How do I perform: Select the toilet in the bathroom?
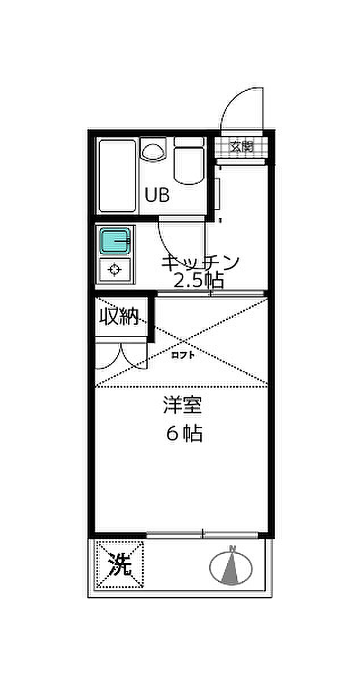click(189, 162)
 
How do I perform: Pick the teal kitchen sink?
click(115, 241)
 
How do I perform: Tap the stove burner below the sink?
click(115, 270)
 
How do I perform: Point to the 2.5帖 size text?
click(198, 280)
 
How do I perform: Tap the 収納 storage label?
click(120, 317)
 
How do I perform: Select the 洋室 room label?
click(183, 406)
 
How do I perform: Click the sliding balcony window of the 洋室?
click(203, 534)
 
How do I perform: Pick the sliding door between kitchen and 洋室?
click(210, 293)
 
